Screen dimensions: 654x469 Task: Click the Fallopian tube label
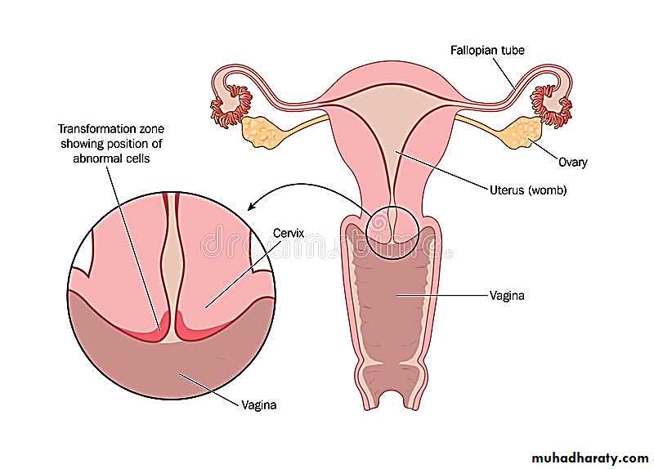487,51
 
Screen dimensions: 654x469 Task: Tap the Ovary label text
573,162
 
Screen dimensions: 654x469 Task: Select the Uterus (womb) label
528,190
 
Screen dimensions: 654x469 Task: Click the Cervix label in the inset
289,233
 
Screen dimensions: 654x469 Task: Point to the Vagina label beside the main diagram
507,296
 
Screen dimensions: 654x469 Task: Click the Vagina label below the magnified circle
258,404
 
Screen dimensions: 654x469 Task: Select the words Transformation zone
111,129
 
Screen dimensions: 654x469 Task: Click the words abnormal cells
111,159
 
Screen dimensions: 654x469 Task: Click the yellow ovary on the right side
522,132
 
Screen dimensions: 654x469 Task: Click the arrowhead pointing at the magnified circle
251,207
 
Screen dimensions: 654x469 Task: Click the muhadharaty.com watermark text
589,458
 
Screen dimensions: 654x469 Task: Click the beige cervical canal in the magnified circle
172,267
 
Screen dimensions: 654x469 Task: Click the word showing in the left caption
83,144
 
